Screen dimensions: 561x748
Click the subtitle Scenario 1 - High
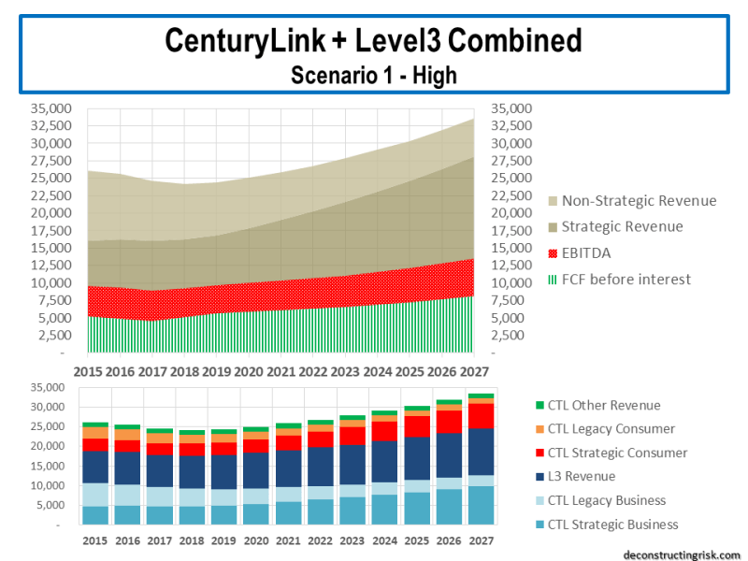(373, 76)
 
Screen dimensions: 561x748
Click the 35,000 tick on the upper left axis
(52, 108)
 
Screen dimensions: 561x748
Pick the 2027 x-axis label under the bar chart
(482, 540)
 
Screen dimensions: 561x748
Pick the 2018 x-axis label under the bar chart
(192, 540)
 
